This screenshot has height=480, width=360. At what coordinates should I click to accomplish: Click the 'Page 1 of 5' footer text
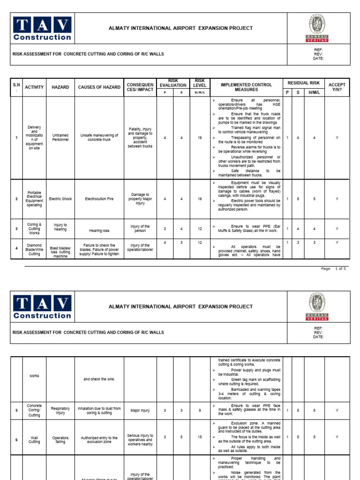[333, 269]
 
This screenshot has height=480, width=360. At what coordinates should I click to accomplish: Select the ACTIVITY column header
[34, 87]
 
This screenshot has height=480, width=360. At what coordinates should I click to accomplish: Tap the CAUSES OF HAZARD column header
[99, 87]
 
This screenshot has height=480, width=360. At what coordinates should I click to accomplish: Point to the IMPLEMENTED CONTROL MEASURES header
[246, 87]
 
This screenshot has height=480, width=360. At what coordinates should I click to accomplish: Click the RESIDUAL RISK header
[304, 83]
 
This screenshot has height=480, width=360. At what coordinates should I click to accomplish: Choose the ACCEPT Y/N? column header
[337, 87]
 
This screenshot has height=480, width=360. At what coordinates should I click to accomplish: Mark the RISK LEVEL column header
[200, 83]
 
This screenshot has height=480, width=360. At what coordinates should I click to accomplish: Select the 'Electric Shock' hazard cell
[60, 199]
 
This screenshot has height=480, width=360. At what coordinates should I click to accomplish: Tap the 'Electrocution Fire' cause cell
[99, 199]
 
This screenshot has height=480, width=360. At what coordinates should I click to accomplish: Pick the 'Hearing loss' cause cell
[99, 231]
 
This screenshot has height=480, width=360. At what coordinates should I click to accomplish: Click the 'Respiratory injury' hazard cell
[60, 411]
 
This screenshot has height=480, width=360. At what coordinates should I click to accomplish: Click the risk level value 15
[200, 437]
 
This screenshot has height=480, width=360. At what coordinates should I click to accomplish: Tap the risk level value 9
[200, 411]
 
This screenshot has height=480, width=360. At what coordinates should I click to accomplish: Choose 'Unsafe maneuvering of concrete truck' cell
[99, 137]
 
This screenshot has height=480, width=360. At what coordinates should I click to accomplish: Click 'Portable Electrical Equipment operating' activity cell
[34, 199]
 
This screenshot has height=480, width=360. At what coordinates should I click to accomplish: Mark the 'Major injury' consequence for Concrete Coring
[140, 411]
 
